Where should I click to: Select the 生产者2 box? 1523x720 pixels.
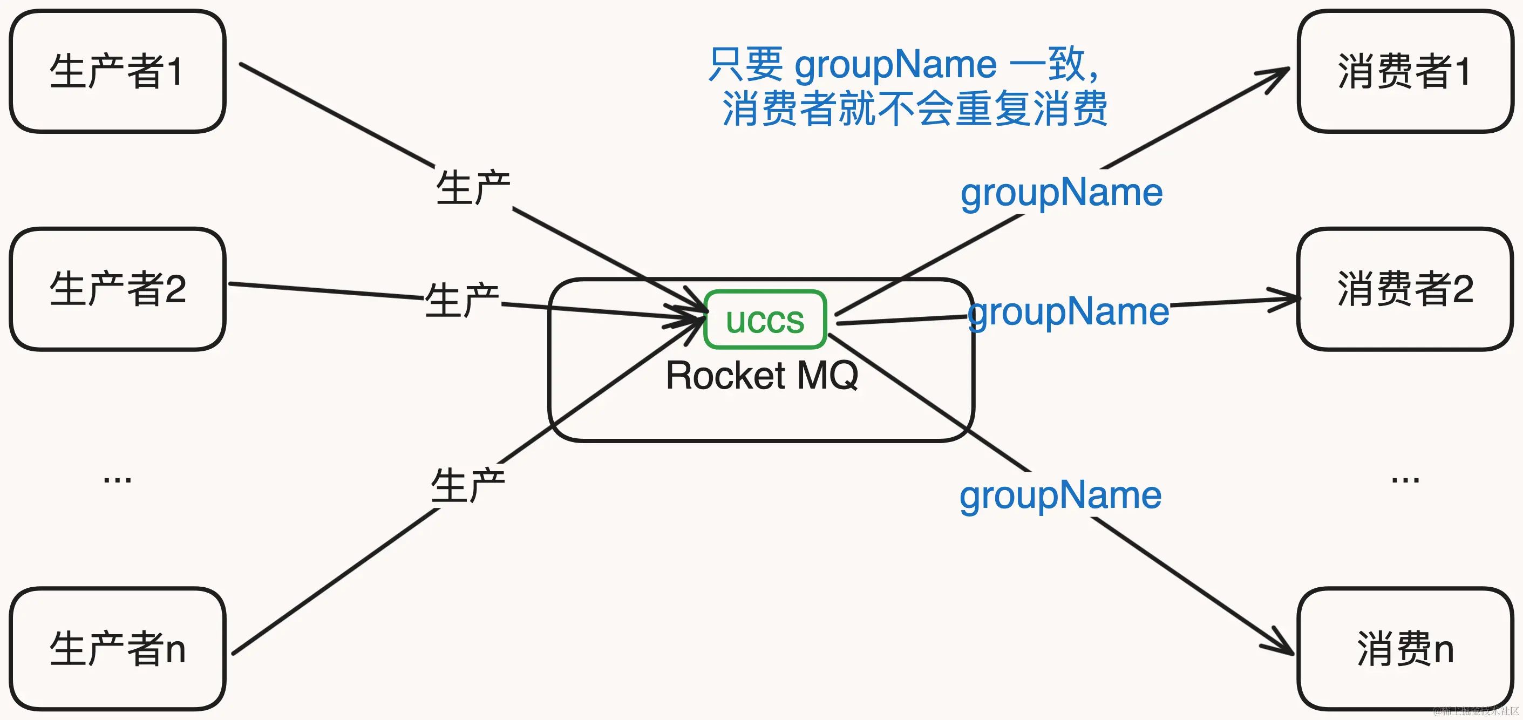(x=117, y=289)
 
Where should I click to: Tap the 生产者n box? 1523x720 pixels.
(x=117, y=648)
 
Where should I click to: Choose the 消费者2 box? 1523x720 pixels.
(x=1405, y=289)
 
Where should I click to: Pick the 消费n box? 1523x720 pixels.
(x=1405, y=648)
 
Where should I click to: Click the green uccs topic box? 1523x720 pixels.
(x=765, y=320)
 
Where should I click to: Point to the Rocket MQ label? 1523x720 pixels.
(x=761, y=375)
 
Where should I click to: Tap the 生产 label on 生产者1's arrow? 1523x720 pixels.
(x=473, y=187)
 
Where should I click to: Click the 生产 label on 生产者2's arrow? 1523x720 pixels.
(x=463, y=300)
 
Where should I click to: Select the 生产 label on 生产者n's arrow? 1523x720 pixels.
(x=468, y=485)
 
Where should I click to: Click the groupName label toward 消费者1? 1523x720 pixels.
(x=1061, y=193)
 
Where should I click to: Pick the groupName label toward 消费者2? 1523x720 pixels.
(x=1069, y=311)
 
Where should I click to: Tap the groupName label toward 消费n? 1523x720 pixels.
(x=1060, y=495)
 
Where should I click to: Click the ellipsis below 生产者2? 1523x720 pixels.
(x=117, y=479)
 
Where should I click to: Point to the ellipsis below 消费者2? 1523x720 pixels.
(x=1405, y=479)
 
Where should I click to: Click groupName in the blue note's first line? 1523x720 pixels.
(x=895, y=64)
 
